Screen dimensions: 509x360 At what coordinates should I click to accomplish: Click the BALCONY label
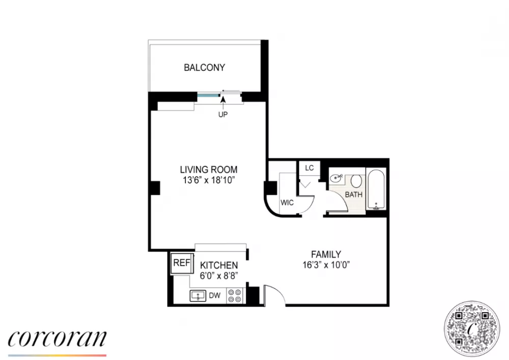pyautogui.click(x=204, y=68)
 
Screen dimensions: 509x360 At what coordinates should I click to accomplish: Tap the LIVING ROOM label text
pyautogui.click(x=209, y=170)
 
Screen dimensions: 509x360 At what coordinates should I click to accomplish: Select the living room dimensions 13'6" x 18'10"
pyautogui.click(x=209, y=180)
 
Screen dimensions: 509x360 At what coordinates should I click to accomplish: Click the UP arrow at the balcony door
pyautogui.click(x=223, y=102)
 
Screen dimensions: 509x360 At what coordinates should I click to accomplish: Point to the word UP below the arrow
pyautogui.click(x=223, y=115)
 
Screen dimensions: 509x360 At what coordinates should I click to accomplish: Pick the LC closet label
pyautogui.click(x=309, y=168)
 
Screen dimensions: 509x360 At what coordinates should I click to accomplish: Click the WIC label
pyautogui.click(x=287, y=203)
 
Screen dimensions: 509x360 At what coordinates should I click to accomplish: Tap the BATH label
pyautogui.click(x=354, y=195)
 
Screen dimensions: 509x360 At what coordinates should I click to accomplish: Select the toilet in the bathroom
pyautogui.click(x=356, y=181)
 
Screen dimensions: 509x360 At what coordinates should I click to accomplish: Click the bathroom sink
pyautogui.click(x=336, y=178)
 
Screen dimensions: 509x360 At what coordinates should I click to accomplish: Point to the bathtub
pyautogui.click(x=376, y=189)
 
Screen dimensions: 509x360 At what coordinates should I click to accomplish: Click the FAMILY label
pyautogui.click(x=326, y=254)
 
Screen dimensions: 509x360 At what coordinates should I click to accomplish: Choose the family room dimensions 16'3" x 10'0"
pyautogui.click(x=326, y=265)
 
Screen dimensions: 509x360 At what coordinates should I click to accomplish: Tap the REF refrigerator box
pyautogui.click(x=182, y=263)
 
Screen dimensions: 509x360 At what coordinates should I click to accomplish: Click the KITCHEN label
pyautogui.click(x=219, y=265)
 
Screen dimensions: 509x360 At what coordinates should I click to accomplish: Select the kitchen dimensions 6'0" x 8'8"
pyautogui.click(x=219, y=275)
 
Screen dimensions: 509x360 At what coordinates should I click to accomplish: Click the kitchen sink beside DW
pyautogui.click(x=197, y=296)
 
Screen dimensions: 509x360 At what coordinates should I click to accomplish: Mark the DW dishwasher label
pyautogui.click(x=215, y=295)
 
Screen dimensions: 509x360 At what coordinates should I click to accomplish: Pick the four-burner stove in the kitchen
pyautogui.click(x=235, y=296)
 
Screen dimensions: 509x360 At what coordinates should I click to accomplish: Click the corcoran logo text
pyautogui.click(x=57, y=339)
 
